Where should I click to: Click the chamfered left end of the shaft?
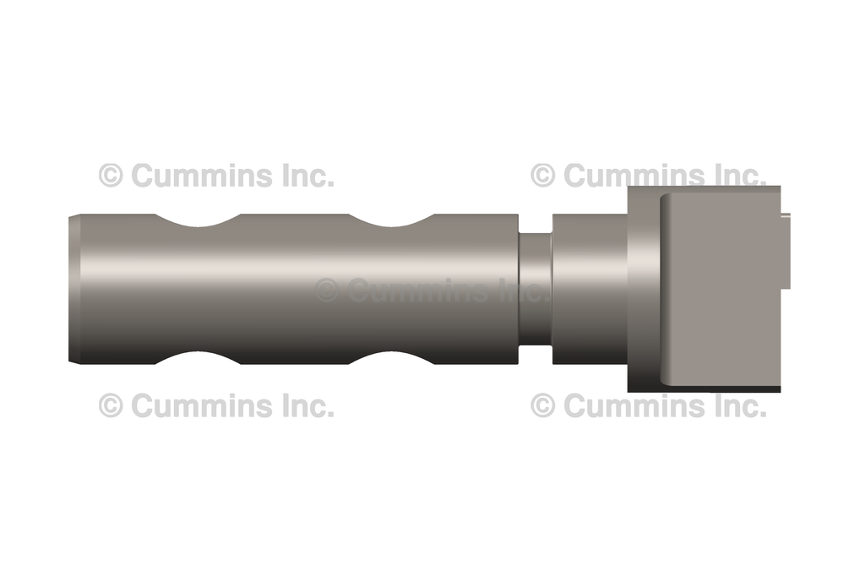tap(74, 290)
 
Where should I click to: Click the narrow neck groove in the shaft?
tap(535, 290)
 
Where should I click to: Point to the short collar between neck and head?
tap(589, 290)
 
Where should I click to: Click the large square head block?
tap(718, 290)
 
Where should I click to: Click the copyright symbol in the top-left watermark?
tap(111, 176)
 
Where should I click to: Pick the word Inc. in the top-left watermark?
tap(306, 176)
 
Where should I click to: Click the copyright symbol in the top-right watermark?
tap(543, 176)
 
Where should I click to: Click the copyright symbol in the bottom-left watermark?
tap(111, 405)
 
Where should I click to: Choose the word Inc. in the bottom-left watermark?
tap(306, 405)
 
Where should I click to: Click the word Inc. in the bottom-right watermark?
tap(737, 405)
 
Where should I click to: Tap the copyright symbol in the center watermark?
tap(327, 291)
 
